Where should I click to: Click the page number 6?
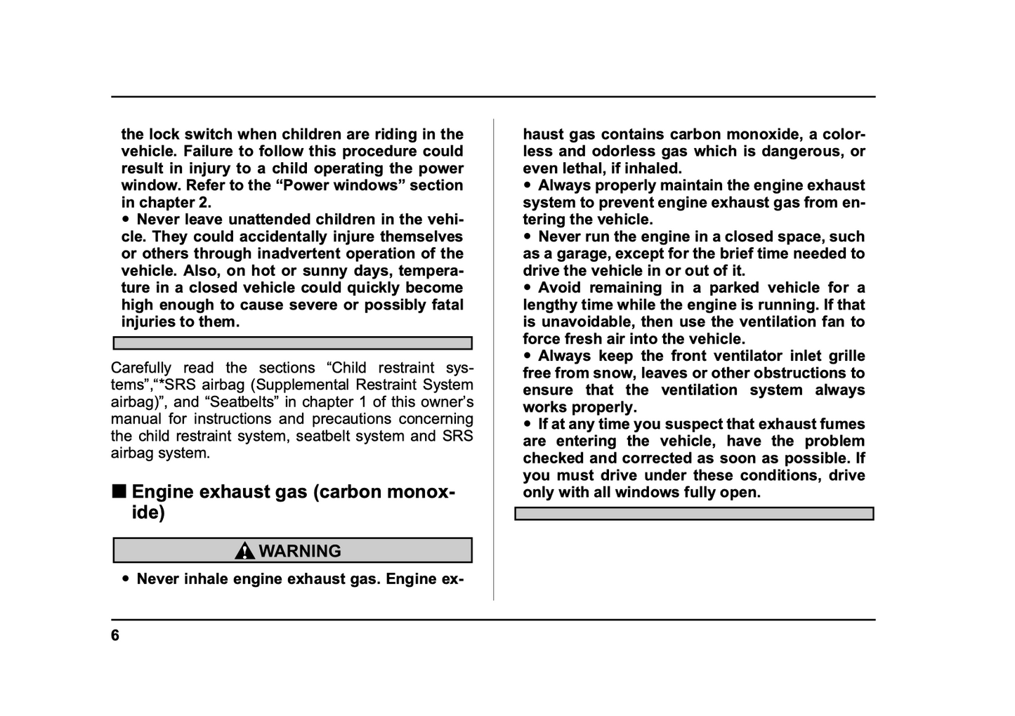tap(115, 636)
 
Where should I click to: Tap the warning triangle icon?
tap(244, 551)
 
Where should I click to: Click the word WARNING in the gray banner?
tap(300, 551)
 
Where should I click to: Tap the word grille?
tap(846, 357)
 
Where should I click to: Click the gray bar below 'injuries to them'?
tap(292, 343)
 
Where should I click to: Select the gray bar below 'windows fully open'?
tap(694, 514)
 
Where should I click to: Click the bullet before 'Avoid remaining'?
tap(528, 288)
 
